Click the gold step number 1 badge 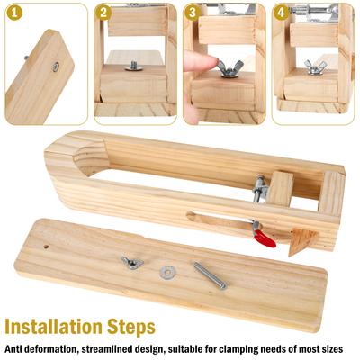coord(13,13)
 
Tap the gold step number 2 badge coord(103,13)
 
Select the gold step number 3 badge coord(192,13)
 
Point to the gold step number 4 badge coord(281,13)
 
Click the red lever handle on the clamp coord(265,240)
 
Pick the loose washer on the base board coord(167,273)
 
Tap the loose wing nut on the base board coord(132,263)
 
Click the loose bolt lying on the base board coord(210,275)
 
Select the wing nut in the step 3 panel coord(230,68)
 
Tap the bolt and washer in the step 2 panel coord(134,66)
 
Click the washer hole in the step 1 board coord(56,67)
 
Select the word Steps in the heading coord(131,328)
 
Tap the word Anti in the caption coord(13,349)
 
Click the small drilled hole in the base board coord(46,247)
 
